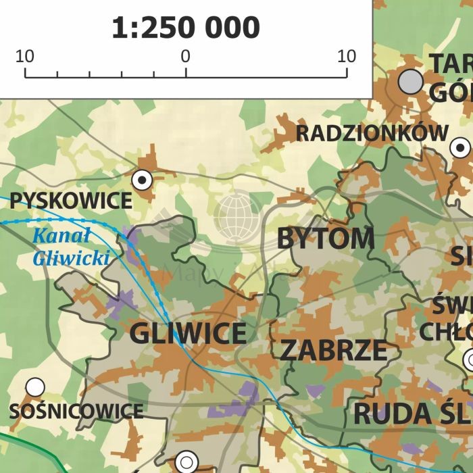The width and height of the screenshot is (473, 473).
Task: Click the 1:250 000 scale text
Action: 185,28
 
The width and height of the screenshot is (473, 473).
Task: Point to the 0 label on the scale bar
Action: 185,56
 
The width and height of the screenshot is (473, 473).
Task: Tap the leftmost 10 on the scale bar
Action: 25,56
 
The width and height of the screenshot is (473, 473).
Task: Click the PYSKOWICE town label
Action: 71,200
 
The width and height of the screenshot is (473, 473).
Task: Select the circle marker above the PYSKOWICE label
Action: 142,180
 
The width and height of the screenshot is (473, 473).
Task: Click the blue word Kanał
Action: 61,236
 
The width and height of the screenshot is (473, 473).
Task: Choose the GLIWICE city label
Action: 188,333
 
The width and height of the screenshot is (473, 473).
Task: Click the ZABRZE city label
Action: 333,350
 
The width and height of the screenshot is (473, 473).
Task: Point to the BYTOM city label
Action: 325,239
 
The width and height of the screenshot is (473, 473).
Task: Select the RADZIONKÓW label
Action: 372,133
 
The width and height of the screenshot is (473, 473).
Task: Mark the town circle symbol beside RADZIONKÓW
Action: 460,147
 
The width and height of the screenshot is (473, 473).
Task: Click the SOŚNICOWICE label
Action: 76,411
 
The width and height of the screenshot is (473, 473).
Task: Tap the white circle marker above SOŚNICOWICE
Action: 35,387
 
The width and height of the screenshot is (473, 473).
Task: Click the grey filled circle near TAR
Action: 410,82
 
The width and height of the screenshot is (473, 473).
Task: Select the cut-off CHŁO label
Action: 446,332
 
